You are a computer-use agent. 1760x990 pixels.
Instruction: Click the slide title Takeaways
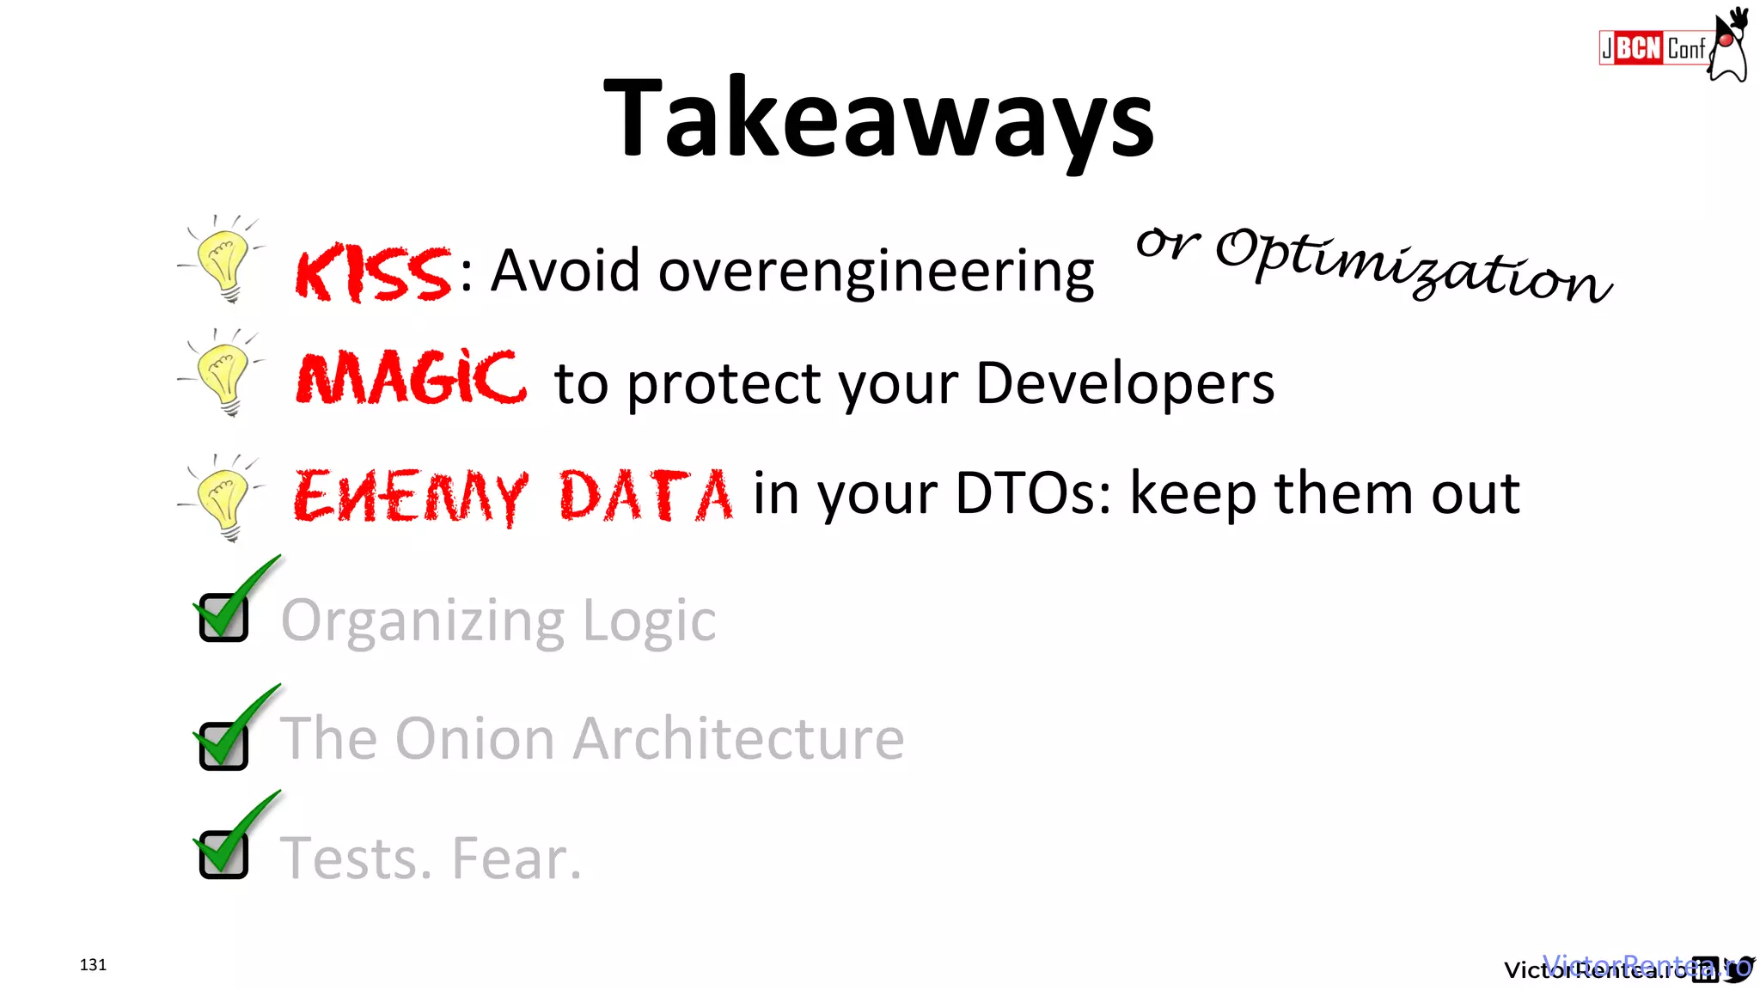point(879,119)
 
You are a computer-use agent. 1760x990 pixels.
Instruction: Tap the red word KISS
point(373,273)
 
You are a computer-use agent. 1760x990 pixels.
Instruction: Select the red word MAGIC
point(411,379)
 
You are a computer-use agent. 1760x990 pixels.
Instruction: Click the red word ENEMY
point(410,496)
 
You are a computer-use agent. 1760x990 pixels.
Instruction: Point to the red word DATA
point(646,495)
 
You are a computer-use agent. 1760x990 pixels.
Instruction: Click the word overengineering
point(877,272)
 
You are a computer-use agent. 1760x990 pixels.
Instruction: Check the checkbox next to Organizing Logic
point(223,617)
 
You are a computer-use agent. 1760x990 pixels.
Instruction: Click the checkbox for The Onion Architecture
point(223,745)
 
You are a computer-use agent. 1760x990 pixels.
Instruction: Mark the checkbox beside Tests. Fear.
point(223,854)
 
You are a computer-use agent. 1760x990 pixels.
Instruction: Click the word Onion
point(474,738)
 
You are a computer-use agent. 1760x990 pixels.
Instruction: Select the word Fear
point(516,858)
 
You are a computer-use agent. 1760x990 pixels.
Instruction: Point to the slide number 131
point(93,964)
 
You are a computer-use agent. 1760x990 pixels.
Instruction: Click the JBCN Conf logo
point(1653,48)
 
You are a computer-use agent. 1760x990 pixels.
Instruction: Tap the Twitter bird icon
point(1739,969)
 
